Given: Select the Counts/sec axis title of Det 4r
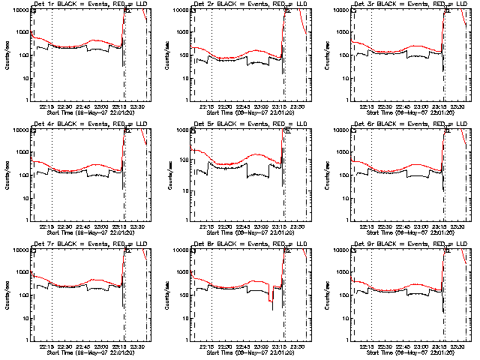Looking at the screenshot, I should [x=7, y=175].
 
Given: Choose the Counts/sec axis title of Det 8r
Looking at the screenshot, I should [x=167, y=295].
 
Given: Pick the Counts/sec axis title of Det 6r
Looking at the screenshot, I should [x=328, y=175].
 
